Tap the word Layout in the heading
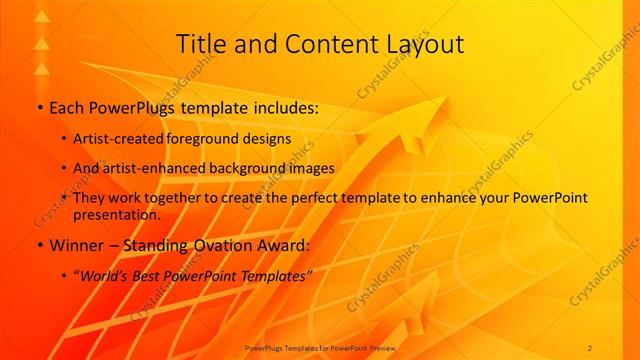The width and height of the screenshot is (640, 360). tap(426, 44)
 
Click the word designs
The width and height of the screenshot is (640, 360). tap(267, 138)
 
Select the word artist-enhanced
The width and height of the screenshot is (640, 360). tap(150, 168)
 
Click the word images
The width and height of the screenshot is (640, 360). tap(311, 168)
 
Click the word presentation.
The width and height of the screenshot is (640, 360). tap(116, 215)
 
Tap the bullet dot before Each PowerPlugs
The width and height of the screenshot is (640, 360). tap(38, 107)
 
